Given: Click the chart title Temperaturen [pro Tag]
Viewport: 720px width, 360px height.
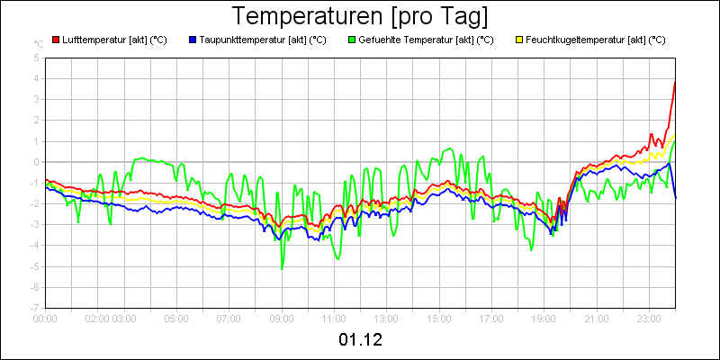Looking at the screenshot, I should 360,16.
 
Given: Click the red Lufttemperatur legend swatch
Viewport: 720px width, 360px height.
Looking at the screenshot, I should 56,40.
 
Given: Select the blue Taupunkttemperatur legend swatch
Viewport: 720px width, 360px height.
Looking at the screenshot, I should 193,40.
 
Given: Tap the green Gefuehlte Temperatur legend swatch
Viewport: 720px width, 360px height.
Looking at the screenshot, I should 351,40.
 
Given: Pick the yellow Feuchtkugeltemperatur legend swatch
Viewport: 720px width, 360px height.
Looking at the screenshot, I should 519,40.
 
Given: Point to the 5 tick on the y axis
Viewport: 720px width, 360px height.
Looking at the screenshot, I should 36,58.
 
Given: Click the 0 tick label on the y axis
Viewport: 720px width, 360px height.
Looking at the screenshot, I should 36,162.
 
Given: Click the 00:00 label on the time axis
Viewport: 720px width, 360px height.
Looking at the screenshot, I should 45,318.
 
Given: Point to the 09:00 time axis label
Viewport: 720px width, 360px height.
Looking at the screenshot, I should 282,318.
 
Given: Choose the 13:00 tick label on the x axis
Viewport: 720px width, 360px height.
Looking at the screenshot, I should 386,318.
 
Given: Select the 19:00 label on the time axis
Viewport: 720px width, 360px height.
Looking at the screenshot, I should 544,318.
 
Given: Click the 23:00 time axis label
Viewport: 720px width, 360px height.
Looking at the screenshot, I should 649,318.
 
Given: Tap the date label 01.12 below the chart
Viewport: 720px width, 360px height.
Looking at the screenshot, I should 360,340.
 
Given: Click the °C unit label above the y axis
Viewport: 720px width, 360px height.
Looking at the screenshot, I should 38,44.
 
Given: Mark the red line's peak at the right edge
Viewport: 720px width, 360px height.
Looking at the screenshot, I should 675,83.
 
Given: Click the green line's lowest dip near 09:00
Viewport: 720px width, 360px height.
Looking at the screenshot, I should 282,268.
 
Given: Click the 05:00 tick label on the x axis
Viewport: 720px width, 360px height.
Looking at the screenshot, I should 176,318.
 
